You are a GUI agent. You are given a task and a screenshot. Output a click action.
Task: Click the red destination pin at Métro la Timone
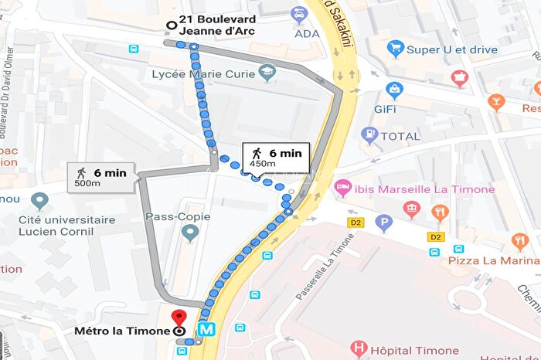[x=179, y=318]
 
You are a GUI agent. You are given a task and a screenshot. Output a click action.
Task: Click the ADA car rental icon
[x=298, y=14]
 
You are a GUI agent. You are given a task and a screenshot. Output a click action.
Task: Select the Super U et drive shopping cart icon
[x=396, y=49]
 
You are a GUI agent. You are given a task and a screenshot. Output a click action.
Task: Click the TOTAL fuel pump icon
[x=369, y=135]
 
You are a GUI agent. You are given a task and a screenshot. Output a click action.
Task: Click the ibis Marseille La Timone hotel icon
[x=343, y=188]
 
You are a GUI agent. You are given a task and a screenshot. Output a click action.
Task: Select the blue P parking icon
[x=383, y=224]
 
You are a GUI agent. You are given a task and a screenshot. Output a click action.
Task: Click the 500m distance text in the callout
[x=87, y=183]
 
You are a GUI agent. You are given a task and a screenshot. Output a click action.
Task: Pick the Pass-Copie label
[x=178, y=217]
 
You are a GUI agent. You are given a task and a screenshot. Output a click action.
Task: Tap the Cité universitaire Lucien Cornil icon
[x=39, y=202]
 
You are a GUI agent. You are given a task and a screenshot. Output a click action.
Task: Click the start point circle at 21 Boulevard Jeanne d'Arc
[x=170, y=25]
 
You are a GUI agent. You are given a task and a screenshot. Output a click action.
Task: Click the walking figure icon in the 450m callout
[x=257, y=153]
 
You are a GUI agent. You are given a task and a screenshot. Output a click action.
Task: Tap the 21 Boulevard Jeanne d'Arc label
[x=216, y=25]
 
